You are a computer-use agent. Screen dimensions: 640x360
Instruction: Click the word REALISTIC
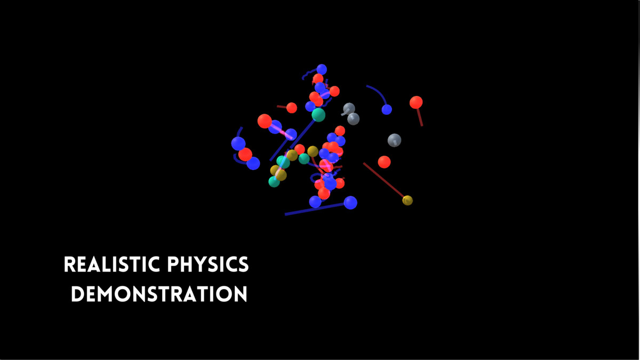111,265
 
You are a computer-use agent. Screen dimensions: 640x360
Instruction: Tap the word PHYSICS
208,265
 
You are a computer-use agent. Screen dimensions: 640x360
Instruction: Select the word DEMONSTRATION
159,294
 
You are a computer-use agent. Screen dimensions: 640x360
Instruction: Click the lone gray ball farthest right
394,140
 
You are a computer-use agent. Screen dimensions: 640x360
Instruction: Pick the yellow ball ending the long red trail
407,201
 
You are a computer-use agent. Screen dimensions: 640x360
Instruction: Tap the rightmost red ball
416,102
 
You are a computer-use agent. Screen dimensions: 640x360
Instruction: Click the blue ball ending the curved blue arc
387,109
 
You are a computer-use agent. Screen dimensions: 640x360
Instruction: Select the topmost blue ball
322,69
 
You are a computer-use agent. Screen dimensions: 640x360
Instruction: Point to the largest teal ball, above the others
318,115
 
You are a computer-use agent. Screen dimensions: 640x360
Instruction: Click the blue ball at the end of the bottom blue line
350,203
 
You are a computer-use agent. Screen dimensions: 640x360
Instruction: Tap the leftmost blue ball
238,143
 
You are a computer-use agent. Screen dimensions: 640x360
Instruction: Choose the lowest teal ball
274,182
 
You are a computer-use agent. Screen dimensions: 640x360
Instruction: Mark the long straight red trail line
383,180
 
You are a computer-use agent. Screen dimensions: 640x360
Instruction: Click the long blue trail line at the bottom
314,210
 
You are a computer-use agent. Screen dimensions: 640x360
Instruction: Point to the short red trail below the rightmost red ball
420,117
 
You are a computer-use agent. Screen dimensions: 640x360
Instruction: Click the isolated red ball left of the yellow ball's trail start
385,162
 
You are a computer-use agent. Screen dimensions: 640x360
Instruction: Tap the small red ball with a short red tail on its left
292,108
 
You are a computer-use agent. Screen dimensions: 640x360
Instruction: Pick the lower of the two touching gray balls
354,119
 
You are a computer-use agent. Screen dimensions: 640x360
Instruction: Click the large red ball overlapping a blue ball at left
265,121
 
